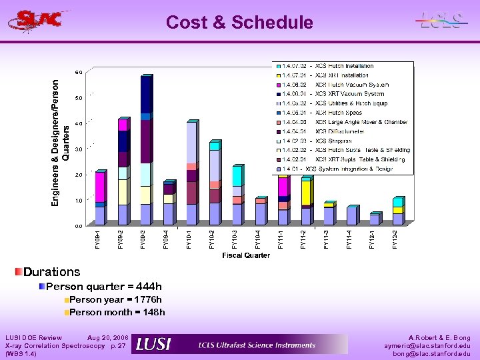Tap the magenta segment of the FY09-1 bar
click(x=99, y=186)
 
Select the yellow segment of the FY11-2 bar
click(x=305, y=193)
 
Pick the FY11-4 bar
click(x=351, y=216)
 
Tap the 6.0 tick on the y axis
click(x=79, y=72)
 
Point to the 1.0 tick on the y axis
click(x=79, y=201)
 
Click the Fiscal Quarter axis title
click(x=246, y=255)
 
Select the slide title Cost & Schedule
click(x=239, y=23)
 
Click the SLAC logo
click(x=38, y=20)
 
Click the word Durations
click(x=51, y=272)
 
